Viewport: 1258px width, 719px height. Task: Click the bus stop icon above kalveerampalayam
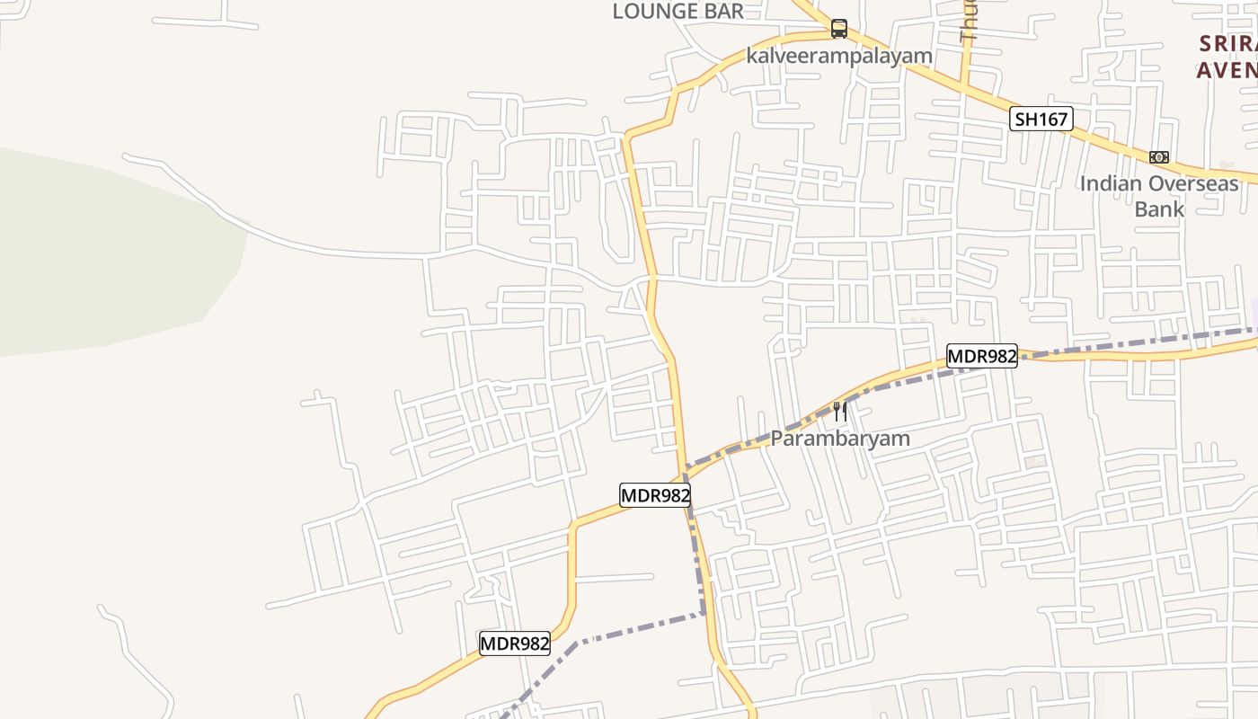point(838,29)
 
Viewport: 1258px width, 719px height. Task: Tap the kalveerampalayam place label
point(839,56)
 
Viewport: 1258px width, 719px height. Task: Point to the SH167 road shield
point(1041,119)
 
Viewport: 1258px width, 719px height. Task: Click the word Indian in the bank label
point(1111,184)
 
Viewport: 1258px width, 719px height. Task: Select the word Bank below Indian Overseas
point(1159,209)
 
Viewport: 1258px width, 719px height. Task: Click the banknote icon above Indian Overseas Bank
point(1159,157)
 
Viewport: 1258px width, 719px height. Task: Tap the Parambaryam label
point(840,439)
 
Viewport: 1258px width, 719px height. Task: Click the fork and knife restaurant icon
point(840,412)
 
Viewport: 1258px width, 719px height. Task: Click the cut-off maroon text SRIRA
point(1227,43)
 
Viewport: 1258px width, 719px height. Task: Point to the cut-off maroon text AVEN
point(1227,69)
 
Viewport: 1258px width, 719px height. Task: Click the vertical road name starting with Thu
point(968,22)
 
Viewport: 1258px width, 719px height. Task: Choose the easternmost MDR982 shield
point(982,357)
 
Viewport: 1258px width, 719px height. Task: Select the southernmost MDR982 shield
point(515,644)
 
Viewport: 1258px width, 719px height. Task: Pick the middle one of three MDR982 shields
point(655,495)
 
